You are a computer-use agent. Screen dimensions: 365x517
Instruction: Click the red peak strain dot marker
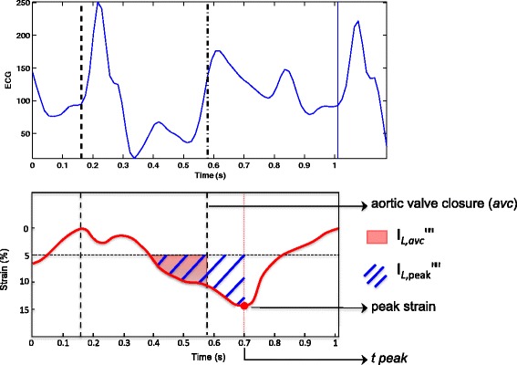coord(244,305)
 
